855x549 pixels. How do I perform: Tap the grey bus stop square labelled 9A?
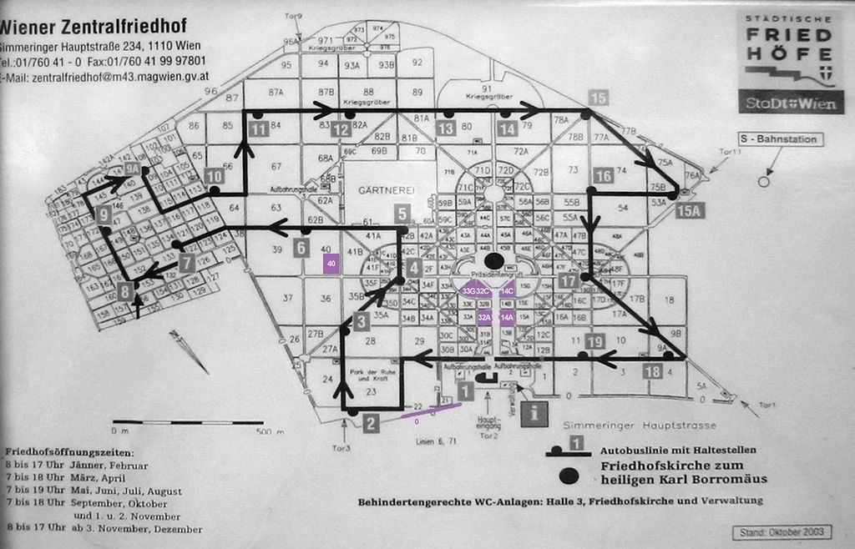coord(132,169)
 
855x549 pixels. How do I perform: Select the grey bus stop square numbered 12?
coord(340,129)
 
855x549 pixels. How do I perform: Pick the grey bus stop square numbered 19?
coord(594,340)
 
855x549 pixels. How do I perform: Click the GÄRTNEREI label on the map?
coord(387,190)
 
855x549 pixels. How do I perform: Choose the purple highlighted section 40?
coord(331,264)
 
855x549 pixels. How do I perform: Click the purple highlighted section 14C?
coord(508,291)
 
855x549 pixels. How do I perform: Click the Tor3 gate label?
coord(342,448)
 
